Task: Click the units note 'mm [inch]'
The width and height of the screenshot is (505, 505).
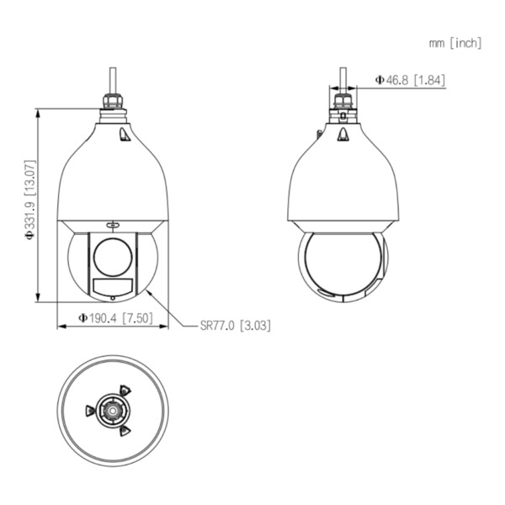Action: coord(454,43)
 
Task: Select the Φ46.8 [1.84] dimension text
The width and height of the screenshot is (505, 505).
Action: coord(410,80)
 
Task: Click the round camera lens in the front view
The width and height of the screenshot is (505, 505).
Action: coord(112,253)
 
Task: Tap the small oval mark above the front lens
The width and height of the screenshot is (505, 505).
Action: coord(112,225)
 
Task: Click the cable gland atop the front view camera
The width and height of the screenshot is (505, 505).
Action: coord(112,103)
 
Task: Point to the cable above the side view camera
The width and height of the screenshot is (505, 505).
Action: coord(342,77)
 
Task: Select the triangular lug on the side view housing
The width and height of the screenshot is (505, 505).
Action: coord(343,135)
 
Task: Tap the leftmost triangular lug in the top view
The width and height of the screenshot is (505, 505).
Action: coord(90,411)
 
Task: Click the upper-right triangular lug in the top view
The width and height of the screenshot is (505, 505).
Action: coord(125,391)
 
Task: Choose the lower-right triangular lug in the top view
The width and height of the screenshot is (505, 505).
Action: coord(125,431)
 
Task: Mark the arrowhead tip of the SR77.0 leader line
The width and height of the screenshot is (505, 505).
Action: coord(147,290)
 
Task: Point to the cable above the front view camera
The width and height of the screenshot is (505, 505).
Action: coord(112,77)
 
